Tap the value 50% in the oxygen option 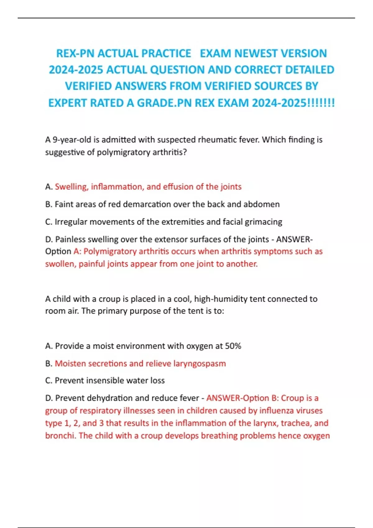click(233, 346)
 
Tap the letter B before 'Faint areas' click(48, 204)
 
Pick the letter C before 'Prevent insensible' click(48, 380)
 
